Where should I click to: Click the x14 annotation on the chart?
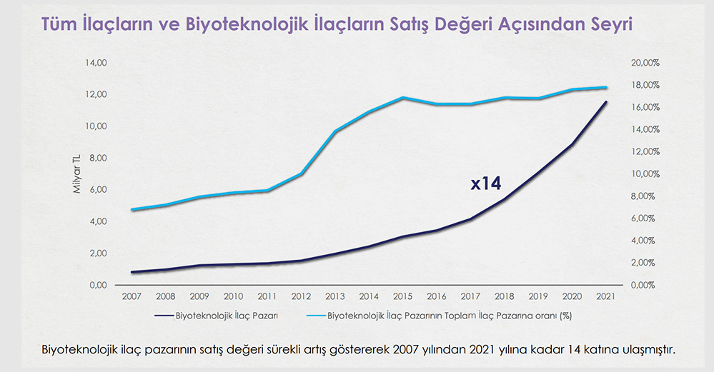point(486,184)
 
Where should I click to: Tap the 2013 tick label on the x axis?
point(334,296)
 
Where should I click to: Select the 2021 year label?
point(606,296)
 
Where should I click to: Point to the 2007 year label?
point(131,296)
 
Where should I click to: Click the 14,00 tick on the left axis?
point(96,63)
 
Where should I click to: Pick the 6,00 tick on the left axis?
point(98,190)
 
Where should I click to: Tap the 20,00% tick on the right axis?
point(645,63)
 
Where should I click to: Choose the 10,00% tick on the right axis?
point(645,174)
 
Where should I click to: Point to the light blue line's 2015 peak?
point(402,97)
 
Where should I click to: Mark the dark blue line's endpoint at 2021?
point(606,102)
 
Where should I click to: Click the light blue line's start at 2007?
point(132,210)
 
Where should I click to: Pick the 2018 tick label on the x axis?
point(505,296)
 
